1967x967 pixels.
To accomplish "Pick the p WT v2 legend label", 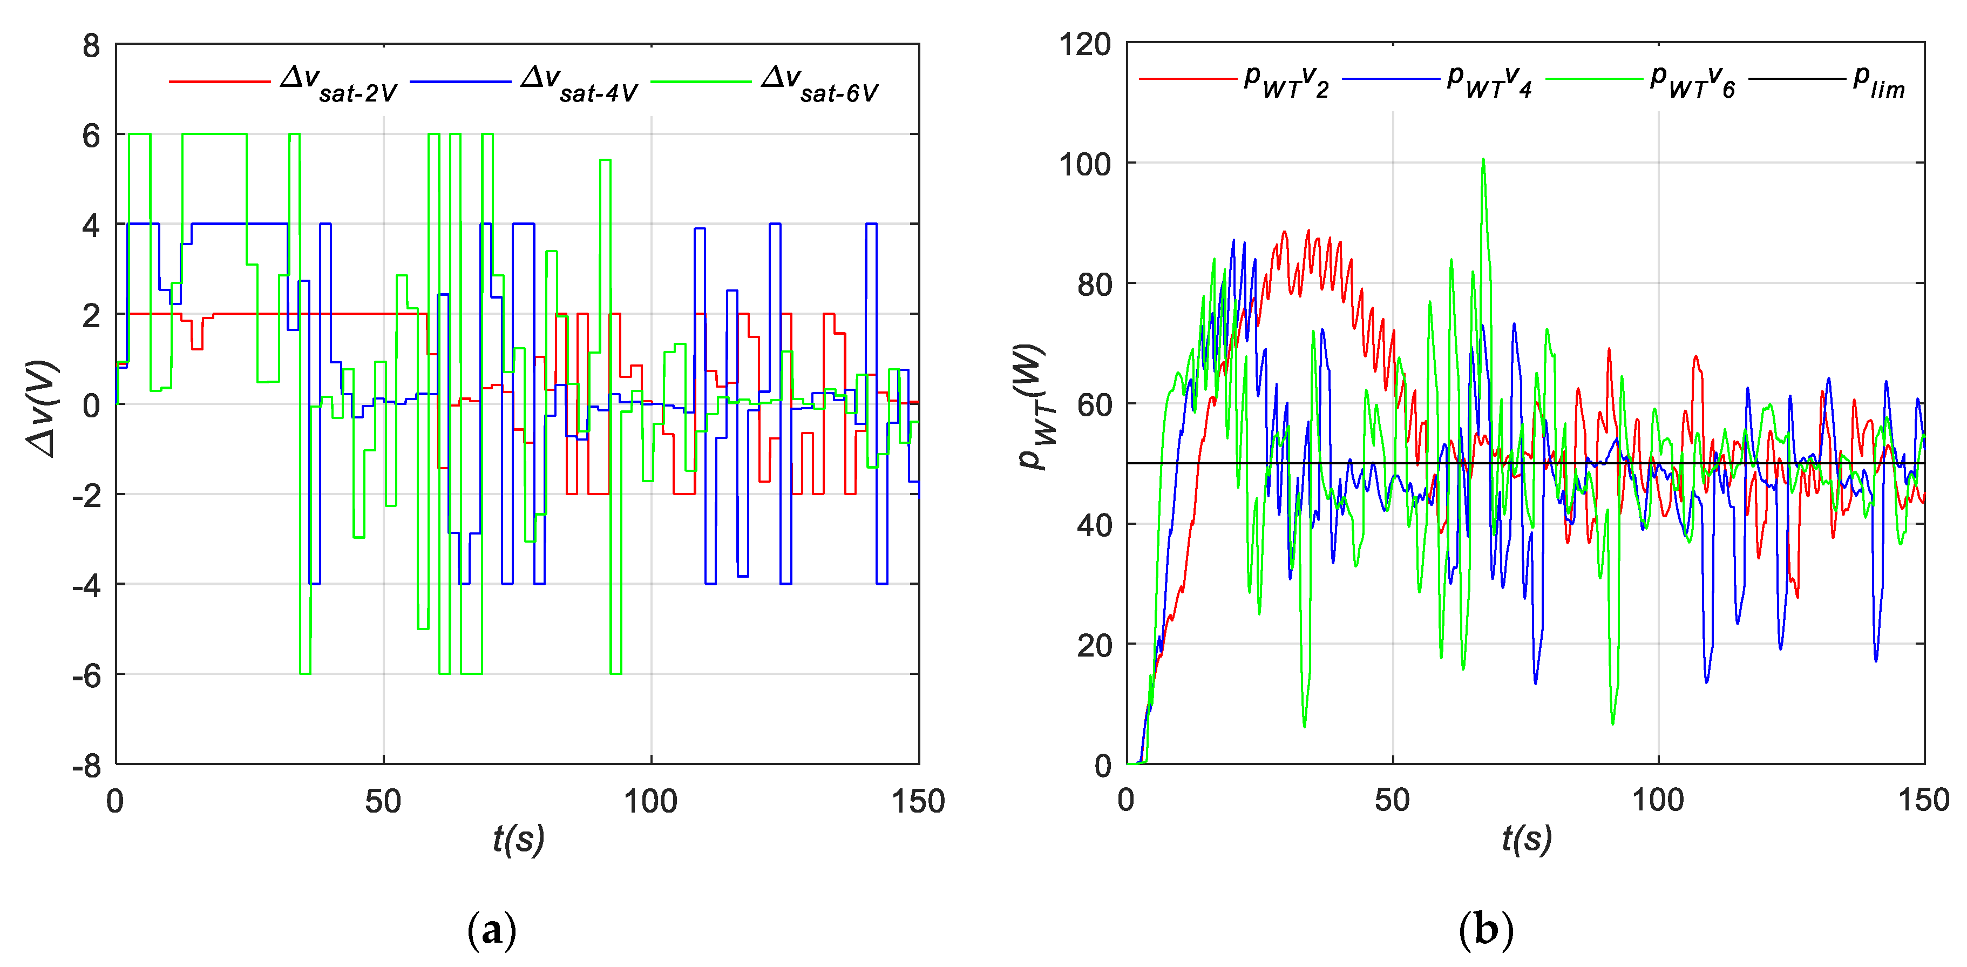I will point(1287,80).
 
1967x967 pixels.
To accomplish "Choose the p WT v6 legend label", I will point(1692,80).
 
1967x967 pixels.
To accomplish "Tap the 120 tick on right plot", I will point(1084,44).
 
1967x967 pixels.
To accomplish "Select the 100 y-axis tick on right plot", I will point(1084,164).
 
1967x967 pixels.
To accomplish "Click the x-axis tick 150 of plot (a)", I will point(918,801).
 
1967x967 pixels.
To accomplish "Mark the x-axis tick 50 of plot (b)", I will point(1392,800).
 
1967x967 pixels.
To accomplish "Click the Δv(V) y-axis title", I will point(42,409).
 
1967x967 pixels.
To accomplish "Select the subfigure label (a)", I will point(491,930).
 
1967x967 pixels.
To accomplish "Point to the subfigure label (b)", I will point(1485,930).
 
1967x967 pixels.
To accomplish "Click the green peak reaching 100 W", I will point(1483,160).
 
